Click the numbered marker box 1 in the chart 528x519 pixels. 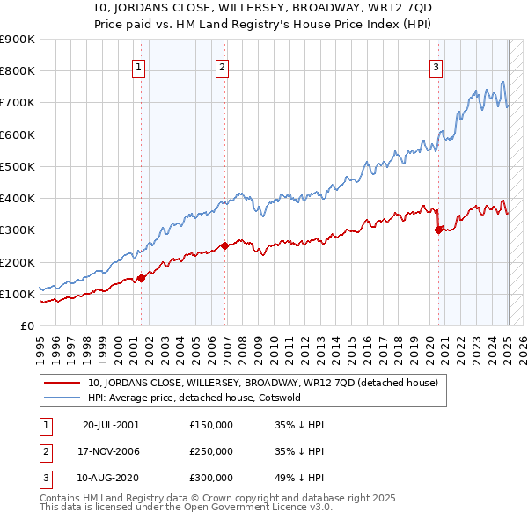tap(139, 66)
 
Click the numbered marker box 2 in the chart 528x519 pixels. tap(223, 66)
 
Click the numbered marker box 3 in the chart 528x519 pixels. tap(436, 66)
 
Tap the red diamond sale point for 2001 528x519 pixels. tap(142, 278)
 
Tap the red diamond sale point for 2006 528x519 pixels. tap(225, 245)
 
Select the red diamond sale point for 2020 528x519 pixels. tap(439, 230)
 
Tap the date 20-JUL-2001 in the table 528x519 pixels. tap(110, 424)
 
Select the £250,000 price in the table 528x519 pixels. tap(211, 451)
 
